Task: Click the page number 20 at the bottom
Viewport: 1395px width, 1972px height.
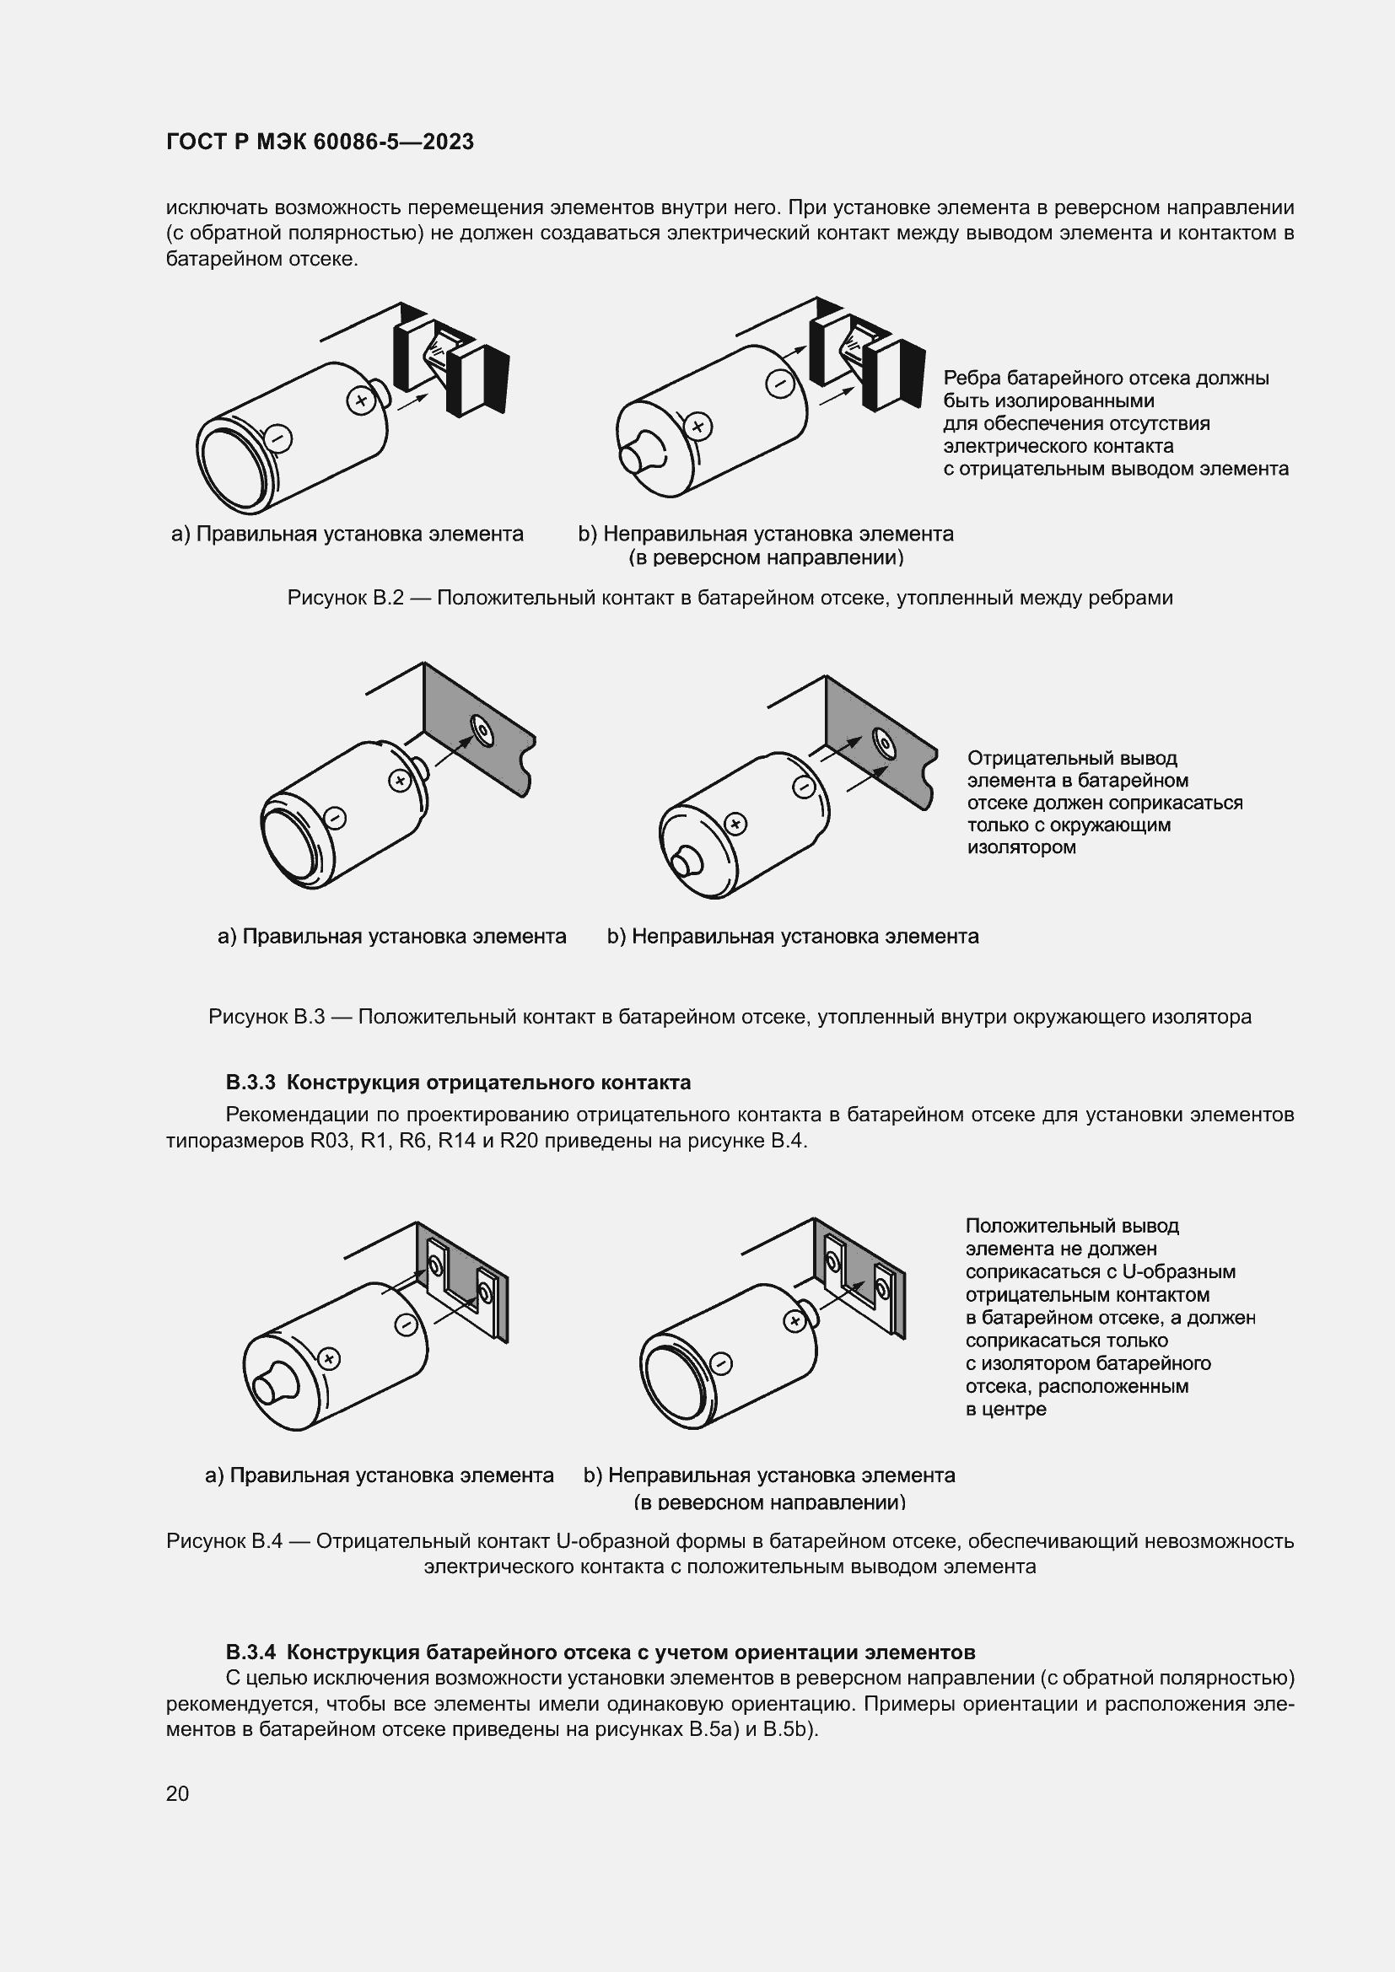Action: click(x=177, y=1793)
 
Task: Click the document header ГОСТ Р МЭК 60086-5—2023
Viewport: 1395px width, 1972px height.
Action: click(x=320, y=142)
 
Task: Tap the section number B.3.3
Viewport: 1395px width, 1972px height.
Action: click(x=250, y=1083)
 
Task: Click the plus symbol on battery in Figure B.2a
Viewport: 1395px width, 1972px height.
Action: click(x=361, y=400)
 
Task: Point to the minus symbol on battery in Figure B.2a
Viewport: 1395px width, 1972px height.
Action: click(x=278, y=439)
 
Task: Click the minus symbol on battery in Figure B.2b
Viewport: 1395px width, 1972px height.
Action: click(x=780, y=382)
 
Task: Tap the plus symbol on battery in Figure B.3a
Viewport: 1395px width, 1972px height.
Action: click(x=399, y=780)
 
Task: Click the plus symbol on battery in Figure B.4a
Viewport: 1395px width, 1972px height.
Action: click(x=330, y=1359)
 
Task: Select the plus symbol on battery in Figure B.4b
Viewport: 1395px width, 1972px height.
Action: click(x=795, y=1321)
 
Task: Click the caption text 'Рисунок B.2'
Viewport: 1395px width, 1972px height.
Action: click(x=345, y=598)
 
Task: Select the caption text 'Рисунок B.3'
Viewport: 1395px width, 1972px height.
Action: click(x=267, y=1017)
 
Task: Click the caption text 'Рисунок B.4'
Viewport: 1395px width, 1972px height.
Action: click(x=224, y=1541)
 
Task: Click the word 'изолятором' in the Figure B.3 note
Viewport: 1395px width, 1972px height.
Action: click(x=1021, y=847)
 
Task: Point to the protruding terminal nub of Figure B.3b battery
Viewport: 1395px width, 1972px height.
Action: click(x=686, y=862)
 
